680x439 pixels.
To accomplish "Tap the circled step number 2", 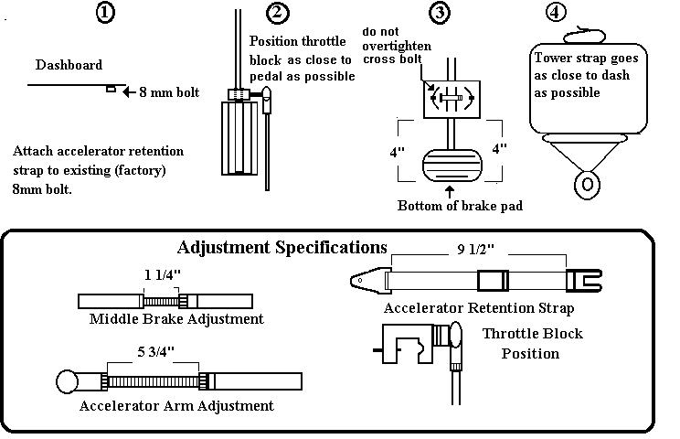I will [x=277, y=13].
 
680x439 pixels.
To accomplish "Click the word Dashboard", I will [x=69, y=65].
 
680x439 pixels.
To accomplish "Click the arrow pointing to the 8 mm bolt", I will [x=128, y=91].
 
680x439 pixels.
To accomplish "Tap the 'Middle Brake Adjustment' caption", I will [x=176, y=319].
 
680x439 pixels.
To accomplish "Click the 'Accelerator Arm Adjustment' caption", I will [x=176, y=405].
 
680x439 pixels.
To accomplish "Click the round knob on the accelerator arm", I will [x=67, y=380].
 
